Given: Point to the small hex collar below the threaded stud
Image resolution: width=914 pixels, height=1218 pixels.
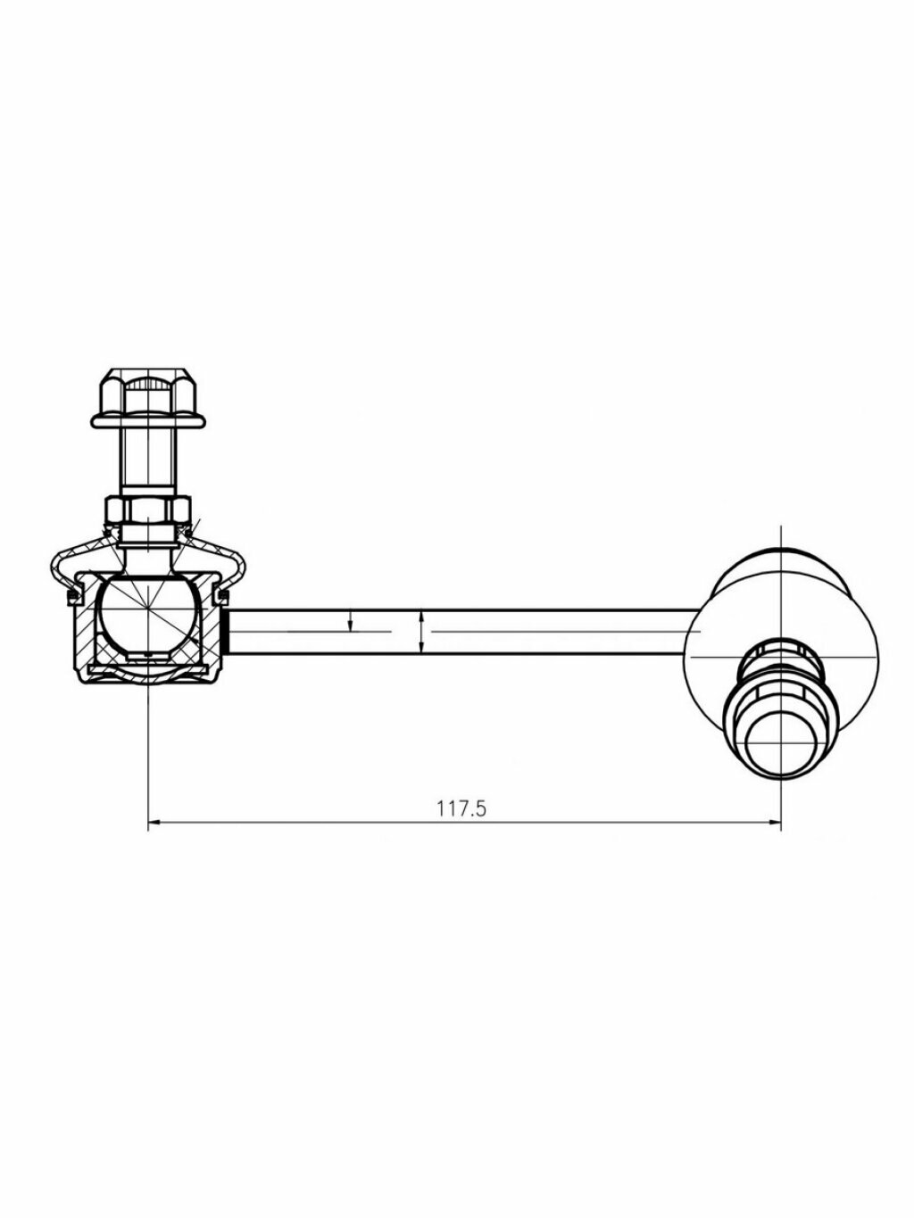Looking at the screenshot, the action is coord(147,510).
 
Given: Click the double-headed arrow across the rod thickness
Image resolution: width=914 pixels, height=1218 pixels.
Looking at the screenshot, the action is coord(422,632).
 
